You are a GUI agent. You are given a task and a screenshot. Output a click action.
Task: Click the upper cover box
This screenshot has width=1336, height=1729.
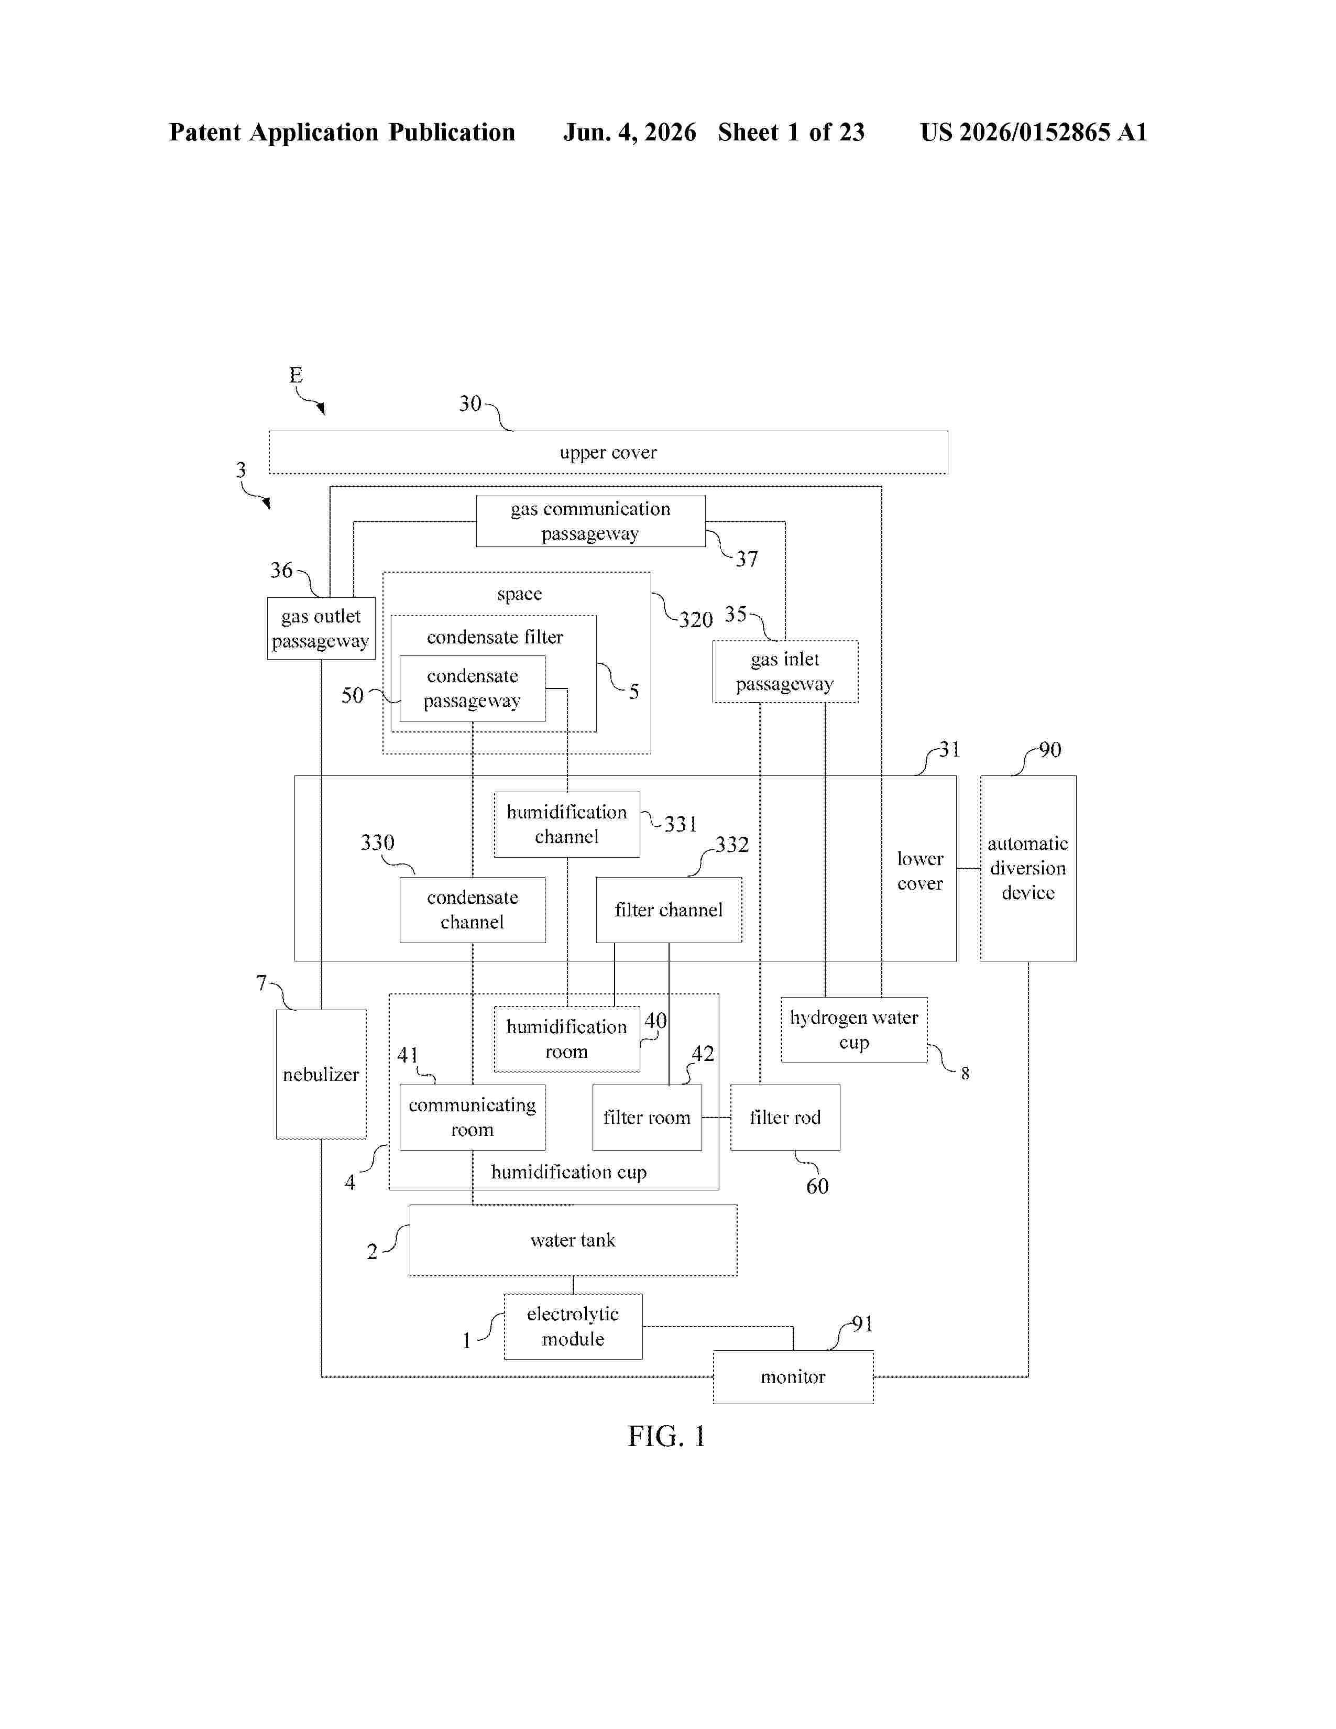click(608, 452)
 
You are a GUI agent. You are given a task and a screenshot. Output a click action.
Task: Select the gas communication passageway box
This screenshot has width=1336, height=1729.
click(590, 521)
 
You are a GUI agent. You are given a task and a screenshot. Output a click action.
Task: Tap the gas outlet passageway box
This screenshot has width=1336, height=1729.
click(321, 628)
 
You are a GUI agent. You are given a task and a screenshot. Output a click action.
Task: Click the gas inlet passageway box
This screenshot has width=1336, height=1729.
click(785, 671)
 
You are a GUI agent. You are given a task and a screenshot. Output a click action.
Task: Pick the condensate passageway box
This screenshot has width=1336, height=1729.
click(473, 688)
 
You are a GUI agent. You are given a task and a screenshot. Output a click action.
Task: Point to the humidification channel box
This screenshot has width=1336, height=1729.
click(567, 824)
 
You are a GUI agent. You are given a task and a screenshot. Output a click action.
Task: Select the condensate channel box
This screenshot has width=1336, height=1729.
click(473, 910)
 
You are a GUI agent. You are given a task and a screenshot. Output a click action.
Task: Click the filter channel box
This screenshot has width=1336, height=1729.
click(669, 910)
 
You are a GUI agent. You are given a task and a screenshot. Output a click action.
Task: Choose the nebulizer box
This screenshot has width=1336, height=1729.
click(321, 1074)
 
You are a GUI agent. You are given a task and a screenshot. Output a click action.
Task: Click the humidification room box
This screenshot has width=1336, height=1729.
click(567, 1038)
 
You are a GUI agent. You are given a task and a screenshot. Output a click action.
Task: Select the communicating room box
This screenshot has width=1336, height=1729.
click(473, 1117)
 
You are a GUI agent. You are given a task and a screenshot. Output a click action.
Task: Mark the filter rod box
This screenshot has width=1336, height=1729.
click(785, 1117)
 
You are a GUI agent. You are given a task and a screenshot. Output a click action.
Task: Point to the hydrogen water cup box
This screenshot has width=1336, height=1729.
click(854, 1029)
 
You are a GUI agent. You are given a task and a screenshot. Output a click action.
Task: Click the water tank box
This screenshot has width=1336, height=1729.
click(573, 1240)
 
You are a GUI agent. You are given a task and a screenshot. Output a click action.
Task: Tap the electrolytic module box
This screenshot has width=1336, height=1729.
click(573, 1326)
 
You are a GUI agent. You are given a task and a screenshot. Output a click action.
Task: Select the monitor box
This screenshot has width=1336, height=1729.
click(793, 1377)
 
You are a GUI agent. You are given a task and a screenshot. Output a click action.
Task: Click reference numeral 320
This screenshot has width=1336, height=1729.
click(696, 619)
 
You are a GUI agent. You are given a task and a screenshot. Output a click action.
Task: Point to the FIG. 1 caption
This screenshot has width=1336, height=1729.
click(666, 1436)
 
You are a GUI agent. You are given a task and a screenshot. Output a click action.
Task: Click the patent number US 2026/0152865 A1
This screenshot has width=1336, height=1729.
click(1034, 132)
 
